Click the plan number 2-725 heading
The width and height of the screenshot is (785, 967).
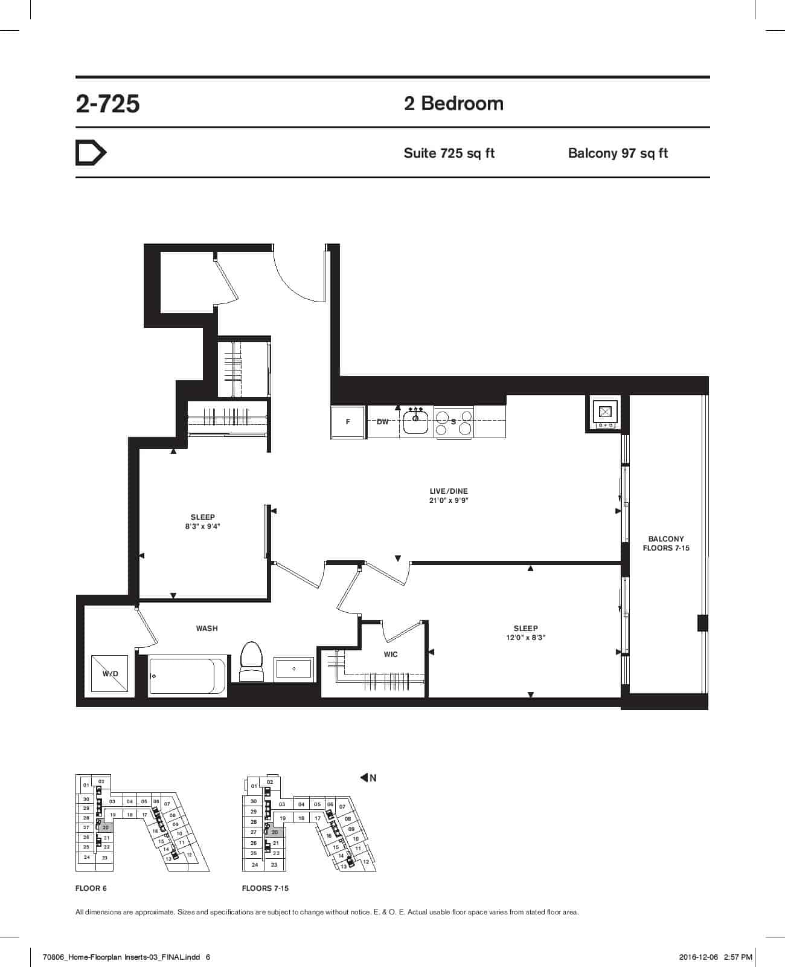coord(107,103)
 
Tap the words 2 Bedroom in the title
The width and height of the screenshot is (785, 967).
coord(453,103)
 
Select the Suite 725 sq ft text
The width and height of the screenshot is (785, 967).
coord(449,154)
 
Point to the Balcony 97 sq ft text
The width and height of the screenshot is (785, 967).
coord(618,154)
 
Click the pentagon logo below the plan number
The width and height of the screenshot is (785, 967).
coord(91,152)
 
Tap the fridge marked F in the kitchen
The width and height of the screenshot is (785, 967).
coord(348,422)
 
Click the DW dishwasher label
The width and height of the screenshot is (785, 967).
coord(383,422)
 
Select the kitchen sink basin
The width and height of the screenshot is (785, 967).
coord(415,422)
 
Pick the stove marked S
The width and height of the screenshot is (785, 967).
coord(453,422)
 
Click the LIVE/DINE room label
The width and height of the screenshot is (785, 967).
coord(449,491)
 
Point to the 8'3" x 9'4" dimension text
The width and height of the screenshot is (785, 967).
coord(202,526)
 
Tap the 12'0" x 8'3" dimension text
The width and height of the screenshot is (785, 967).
coord(525,638)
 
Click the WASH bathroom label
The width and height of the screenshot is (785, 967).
coord(207,629)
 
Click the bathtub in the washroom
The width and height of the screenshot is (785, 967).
coord(187,676)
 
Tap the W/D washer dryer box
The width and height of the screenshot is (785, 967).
coord(110,674)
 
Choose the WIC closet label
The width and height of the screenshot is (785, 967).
coord(391,654)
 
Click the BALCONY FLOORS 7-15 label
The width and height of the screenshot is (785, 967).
coord(665,543)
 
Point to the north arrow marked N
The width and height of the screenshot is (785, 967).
coord(368,778)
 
